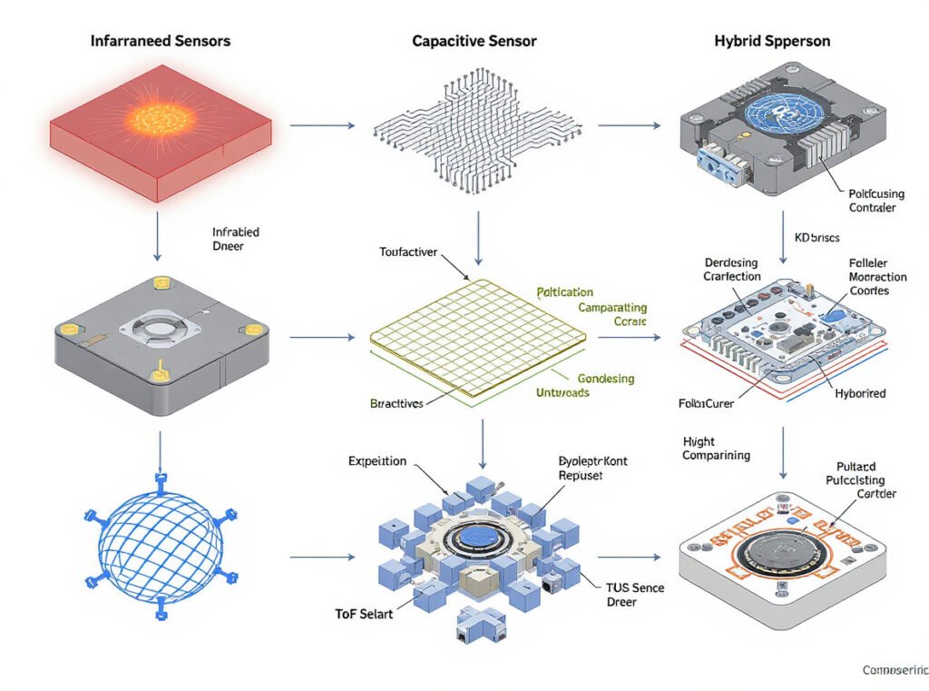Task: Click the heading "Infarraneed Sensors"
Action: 161,41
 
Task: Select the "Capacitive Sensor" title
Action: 474,41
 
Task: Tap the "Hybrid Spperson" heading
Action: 773,41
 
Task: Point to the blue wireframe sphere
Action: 160,543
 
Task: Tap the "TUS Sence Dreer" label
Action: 635,595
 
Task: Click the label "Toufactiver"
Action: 410,251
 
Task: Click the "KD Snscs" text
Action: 817,238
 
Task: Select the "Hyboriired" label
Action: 860,394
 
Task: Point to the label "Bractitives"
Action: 397,404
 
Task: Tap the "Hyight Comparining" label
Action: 716,449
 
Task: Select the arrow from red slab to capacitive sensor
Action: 322,125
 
